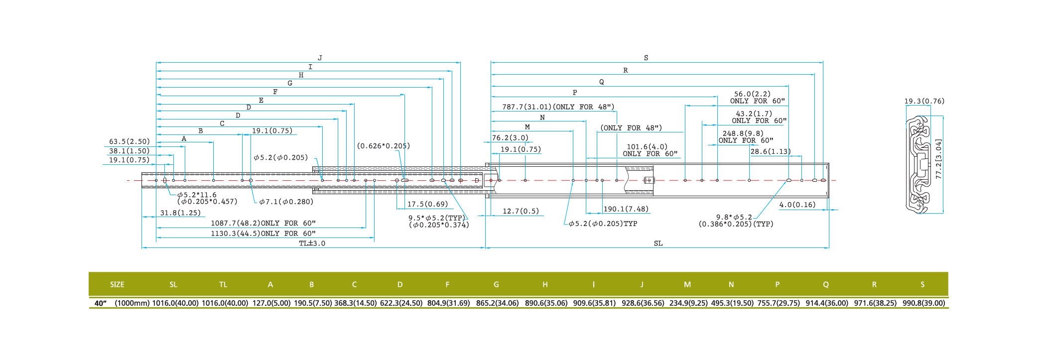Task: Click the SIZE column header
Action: (x=117, y=285)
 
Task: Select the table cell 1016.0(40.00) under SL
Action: (x=175, y=303)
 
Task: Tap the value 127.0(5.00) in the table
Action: (x=271, y=303)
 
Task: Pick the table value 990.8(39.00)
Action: (x=923, y=303)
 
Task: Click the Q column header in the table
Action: (x=826, y=285)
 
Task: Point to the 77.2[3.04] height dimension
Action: (x=938, y=159)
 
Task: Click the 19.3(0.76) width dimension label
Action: (x=924, y=101)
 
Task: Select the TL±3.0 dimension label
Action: (x=312, y=243)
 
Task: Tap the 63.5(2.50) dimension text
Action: (x=130, y=142)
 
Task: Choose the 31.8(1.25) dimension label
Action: (x=180, y=213)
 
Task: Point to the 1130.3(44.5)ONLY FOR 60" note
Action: (x=263, y=234)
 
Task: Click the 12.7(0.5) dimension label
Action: (x=521, y=211)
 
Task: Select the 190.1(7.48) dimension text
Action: (x=626, y=209)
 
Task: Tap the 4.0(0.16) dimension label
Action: (x=797, y=205)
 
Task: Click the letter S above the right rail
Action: (x=646, y=58)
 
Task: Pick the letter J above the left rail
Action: (x=320, y=58)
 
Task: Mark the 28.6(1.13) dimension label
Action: (x=770, y=152)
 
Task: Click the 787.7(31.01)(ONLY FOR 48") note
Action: (x=558, y=107)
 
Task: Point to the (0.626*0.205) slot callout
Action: (x=383, y=146)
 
